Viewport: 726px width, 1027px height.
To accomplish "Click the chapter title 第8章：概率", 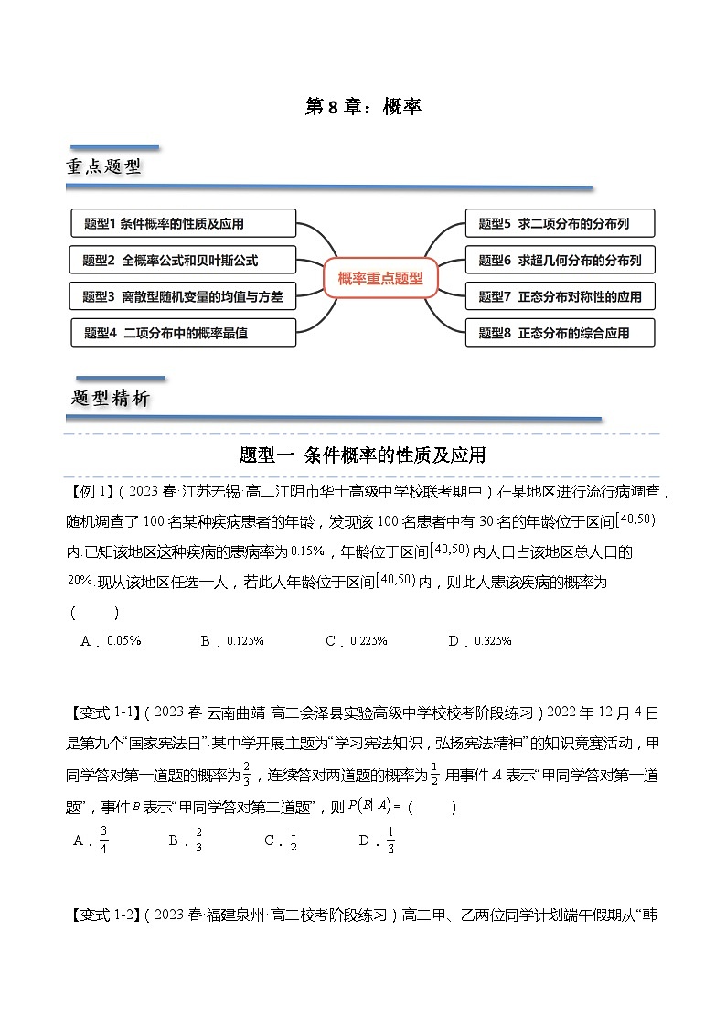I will [362, 107].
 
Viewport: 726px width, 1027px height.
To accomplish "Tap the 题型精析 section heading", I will [111, 399].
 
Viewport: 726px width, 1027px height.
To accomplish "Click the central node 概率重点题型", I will [380, 279].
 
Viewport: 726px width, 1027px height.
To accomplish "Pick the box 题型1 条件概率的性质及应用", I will [183, 223].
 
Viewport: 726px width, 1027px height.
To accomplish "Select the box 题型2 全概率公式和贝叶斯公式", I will [183, 260].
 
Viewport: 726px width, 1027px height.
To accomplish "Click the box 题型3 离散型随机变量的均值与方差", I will [183, 296].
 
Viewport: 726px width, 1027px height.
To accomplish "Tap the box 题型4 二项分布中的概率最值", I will [183, 333].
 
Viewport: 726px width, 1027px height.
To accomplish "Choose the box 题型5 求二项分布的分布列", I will [561, 223].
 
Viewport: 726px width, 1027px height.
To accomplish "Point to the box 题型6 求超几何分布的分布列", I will [561, 260].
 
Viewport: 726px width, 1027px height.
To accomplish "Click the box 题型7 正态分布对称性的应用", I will [561, 296].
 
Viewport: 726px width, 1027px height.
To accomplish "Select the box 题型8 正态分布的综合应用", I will [561, 333].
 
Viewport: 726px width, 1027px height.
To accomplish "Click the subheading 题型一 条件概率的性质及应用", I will [362, 455].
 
